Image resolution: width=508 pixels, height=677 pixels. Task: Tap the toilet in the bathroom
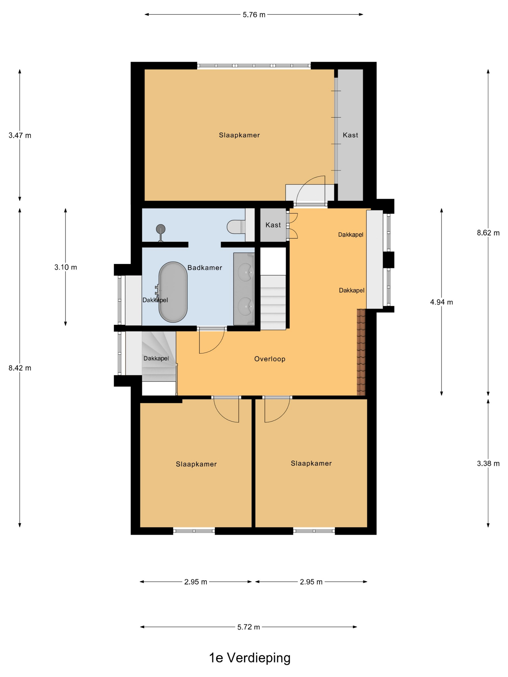(x=236, y=227)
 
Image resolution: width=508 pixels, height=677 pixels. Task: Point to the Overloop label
(x=270, y=359)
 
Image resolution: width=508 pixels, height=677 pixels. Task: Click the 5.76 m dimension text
(x=254, y=15)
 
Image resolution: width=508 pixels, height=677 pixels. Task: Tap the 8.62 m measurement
(x=488, y=233)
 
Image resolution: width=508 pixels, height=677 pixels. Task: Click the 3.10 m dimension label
(x=66, y=267)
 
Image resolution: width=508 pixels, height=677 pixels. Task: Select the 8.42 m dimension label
(x=20, y=368)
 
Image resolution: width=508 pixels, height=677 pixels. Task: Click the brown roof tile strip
(x=361, y=352)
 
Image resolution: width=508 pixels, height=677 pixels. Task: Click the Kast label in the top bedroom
(x=350, y=135)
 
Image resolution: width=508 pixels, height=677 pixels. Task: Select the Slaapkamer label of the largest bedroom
(x=239, y=135)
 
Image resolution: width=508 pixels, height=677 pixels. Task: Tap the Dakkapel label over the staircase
(x=156, y=358)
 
